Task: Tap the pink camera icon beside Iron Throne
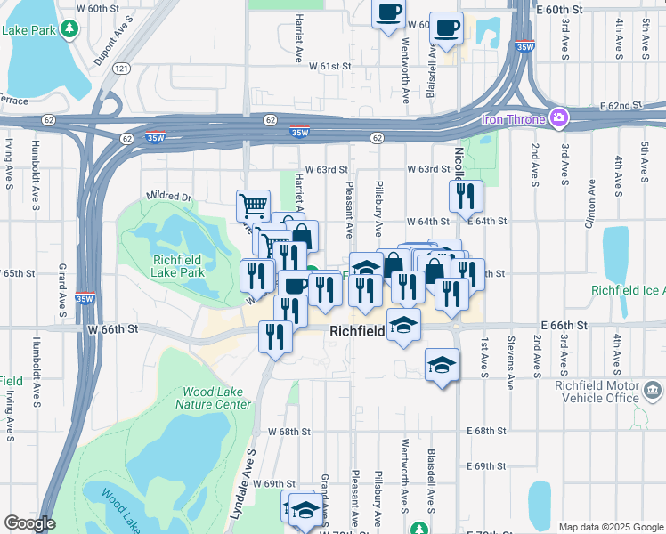click(x=559, y=117)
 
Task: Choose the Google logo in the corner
click(x=29, y=523)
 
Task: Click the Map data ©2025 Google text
click(x=610, y=527)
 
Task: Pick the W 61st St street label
click(x=330, y=66)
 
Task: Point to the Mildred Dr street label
click(x=168, y=196)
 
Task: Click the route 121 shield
click(x=122, y=68)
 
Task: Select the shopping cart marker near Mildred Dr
click(x=253, y=206)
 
